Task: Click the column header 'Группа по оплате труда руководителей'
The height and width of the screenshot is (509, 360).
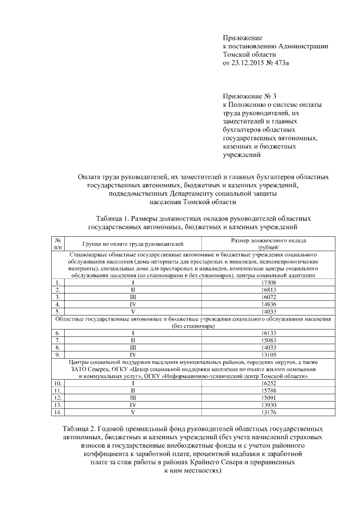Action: pyautogui.click(x=133, y=244)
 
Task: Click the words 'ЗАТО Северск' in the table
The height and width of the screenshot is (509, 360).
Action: pyautogui.click(x=89, y=368)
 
